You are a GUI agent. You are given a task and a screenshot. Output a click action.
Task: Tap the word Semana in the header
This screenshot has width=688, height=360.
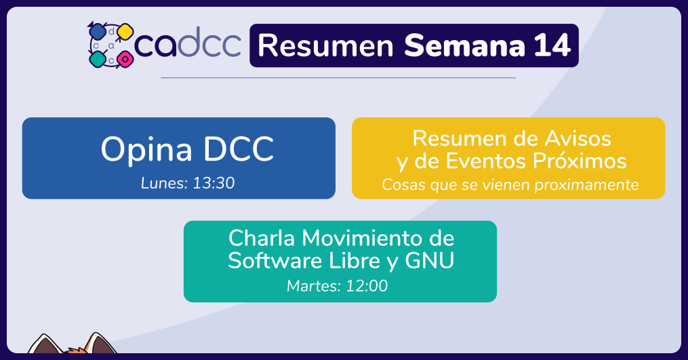point(465,45)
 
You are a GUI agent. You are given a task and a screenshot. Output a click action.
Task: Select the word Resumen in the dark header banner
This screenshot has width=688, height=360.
point(325,45)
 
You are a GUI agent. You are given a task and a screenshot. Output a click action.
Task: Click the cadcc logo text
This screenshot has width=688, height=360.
point(188,42)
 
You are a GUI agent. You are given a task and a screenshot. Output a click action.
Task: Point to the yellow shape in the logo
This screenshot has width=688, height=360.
point(125,31)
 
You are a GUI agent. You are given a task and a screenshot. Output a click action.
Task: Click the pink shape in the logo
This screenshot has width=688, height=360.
point(125,58)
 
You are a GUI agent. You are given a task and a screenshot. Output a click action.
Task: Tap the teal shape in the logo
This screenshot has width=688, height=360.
point(98,58)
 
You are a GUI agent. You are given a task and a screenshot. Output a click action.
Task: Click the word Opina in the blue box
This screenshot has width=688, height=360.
point(146,150)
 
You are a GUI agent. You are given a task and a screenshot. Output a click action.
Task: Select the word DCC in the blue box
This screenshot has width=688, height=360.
point(239,149)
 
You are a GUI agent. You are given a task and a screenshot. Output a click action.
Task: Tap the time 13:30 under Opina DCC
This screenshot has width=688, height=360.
point(214,183)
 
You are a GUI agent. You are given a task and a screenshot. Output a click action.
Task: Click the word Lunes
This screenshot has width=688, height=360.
point(165,183)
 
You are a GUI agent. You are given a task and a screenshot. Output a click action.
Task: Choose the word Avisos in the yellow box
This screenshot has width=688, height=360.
point(578,139)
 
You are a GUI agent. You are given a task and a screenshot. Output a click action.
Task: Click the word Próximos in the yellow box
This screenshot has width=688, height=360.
point(580,161)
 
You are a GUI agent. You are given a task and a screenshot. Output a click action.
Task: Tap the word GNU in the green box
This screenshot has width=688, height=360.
point(430,260)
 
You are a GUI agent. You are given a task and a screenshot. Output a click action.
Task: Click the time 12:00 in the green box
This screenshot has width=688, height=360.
point(367,286)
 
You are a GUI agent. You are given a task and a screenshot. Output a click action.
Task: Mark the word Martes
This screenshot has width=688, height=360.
point(314,286)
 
